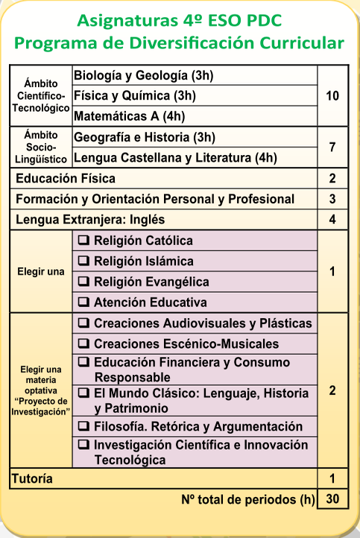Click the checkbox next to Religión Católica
pyautogui.click(x=84, y=241)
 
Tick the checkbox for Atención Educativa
pyautogui.click(x=84, y=303)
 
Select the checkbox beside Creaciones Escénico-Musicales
pyautogui.click(x=84, y=344)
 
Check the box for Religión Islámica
pyautogui.click(x=84, y=262)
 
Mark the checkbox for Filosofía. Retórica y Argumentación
pyautogui.click(x=84, y=426)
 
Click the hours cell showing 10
pyautogui.click(x=332, y=96)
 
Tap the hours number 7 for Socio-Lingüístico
pyautogui.click(x=332, y=148)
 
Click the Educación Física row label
pyautogui.click(x=66, y=179)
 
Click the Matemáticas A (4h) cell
pyautogui.click(x=129, y=116)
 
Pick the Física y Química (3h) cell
pyautogui.click(x=134, y=96)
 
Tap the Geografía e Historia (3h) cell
pyautogui.click(x=145, y=137)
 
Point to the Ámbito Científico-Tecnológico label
pyautogui.click(x=41, y=96)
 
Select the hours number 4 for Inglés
pyautogui.click(x=332, y=220)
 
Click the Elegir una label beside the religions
pyautogui.click(x=41, y=271)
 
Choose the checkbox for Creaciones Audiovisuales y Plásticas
pyautogui.click(x=84, y=323)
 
